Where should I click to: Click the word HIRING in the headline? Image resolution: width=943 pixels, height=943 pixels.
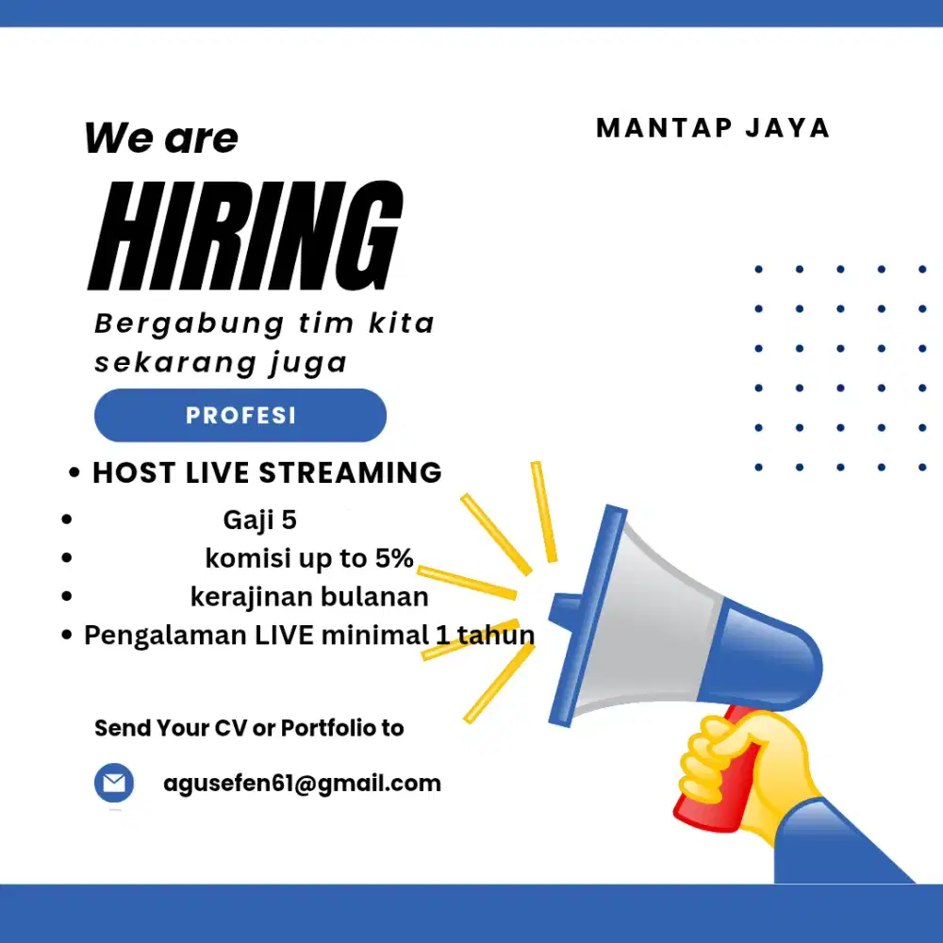pyautogui.click(x=245, y=235)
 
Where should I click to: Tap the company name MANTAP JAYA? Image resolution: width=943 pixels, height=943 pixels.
pyautogui.click(x=713, y=128)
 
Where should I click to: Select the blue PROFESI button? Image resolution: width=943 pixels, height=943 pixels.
pyautogui.click(x=240, y=416)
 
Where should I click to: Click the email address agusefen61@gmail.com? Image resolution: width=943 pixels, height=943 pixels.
pyautogui.click(x=302, y=783)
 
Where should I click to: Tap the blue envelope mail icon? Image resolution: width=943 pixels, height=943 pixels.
pyautogui.click(x=114, y=784)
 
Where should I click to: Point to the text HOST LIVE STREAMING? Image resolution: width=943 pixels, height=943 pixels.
pyautogui.click(x=267, y=472)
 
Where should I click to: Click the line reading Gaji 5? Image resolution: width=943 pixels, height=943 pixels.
pyautogui.click(x=260, y=520)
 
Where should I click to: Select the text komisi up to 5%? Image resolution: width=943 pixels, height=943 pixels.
pyautogui.click(x=309, y=558)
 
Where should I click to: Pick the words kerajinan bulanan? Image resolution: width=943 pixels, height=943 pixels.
pyautogui.click(x=309, y=597)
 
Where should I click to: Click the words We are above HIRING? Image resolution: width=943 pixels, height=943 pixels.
pyautogui.click(x=161, y=139)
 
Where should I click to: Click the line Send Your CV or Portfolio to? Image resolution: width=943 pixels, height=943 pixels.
pyautogui.click(x=249, y=728)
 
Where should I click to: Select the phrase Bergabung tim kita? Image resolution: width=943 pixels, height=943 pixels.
pyautogui.click(x=264, y=323)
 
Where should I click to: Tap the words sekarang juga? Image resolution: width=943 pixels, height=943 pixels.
pyautogui.click(x=221, y=362)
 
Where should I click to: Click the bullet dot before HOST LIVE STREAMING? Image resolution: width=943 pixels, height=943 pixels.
pyautogui.click(x=74, y=474)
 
